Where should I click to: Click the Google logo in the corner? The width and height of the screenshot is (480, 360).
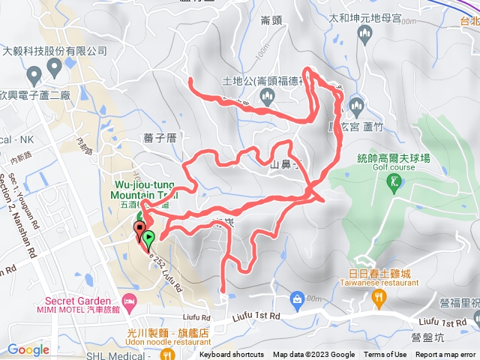click(x=28, y=349)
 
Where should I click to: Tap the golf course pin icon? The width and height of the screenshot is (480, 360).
click(x=394, y=182)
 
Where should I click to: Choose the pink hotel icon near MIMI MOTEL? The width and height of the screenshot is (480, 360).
click(x=129, y=301)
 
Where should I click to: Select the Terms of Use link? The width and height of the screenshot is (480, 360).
click(x=385, y=355)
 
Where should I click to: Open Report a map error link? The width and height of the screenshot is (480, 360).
click(x=445, y=355)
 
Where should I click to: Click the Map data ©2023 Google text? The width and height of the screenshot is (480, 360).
click(x=313, y=355)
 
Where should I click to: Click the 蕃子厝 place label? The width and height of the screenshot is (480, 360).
click(x=159, y=137)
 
